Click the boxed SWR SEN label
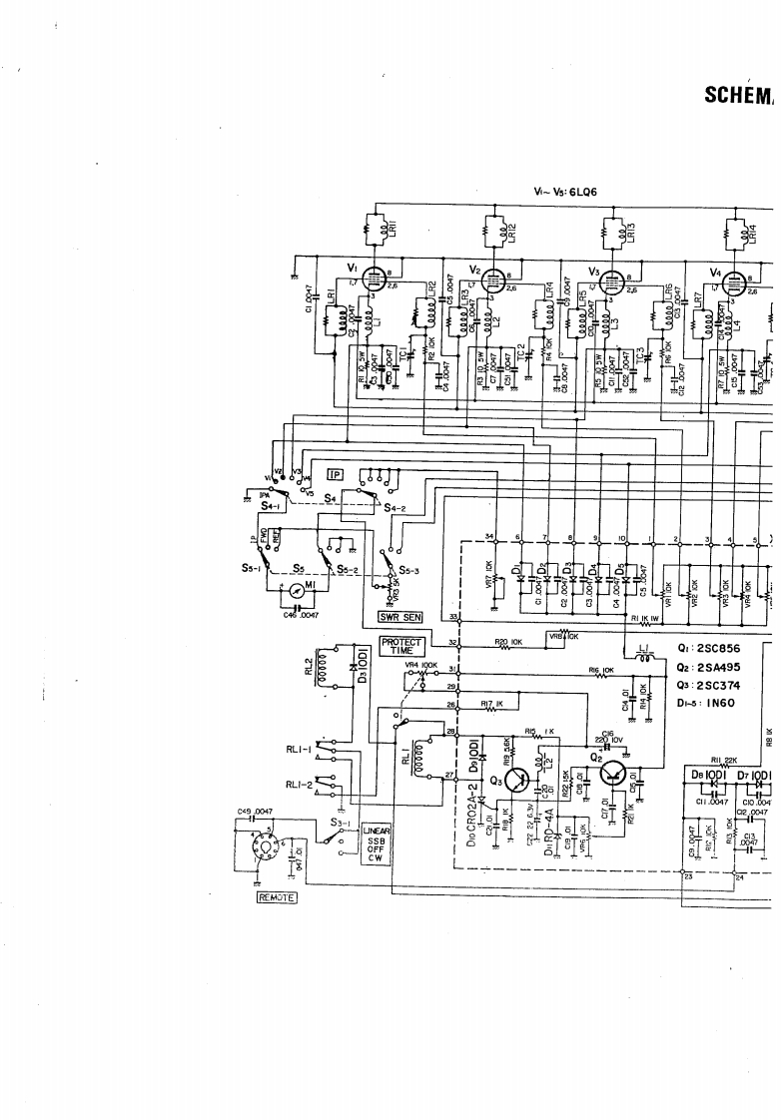(396, 616)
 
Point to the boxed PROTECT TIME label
(402, 646)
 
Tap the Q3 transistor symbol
(517, 781)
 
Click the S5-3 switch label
(412, 570)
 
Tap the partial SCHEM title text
(741, 95)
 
